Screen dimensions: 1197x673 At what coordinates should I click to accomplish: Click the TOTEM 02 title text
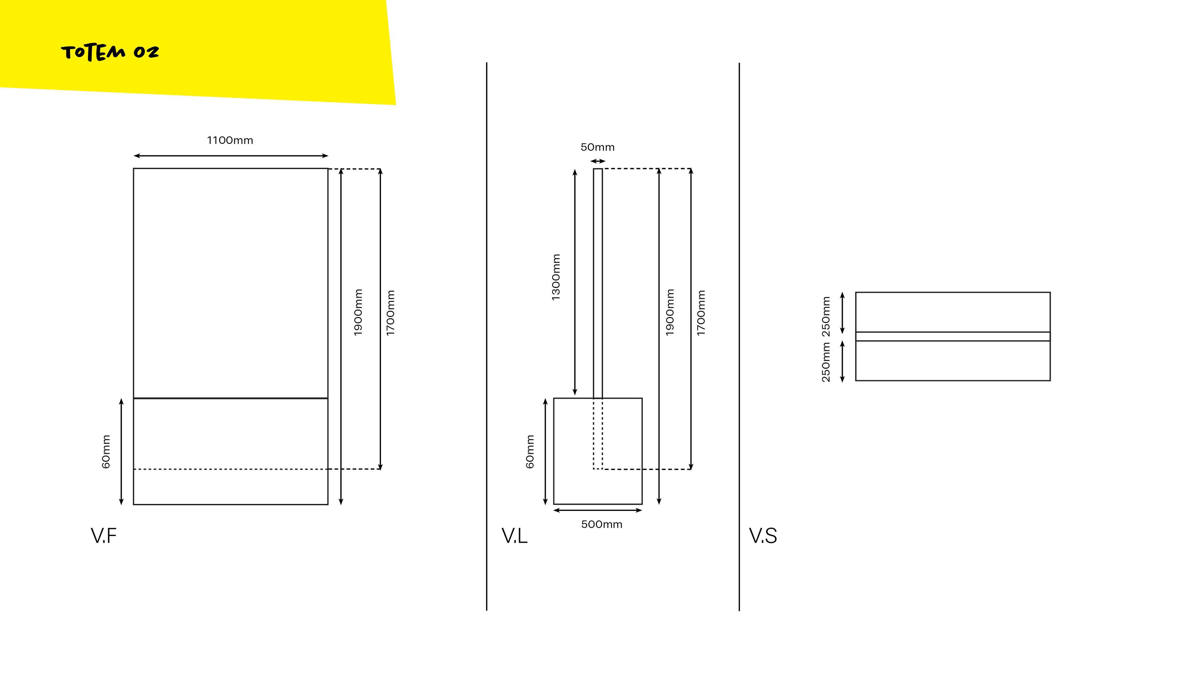tap(110, 52)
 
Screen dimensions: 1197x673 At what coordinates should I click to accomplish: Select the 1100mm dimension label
tap(230, 140)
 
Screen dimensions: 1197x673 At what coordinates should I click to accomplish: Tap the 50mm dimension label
tap(598, 147)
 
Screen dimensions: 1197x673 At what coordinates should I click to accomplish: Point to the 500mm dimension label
tap(602, 524)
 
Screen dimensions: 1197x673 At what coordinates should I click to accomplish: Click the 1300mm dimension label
tap(556, 277)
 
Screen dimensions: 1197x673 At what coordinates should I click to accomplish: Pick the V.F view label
tap(103, 536)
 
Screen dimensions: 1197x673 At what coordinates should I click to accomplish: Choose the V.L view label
tap(514, 536)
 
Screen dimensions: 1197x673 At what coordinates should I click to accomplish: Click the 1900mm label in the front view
tap(358, 312)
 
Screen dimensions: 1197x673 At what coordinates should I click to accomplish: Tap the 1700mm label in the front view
tap(390, 313)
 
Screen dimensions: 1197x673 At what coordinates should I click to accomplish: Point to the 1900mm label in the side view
tap(670, 312)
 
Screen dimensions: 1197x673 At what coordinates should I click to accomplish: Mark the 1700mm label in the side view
tap(701, 313)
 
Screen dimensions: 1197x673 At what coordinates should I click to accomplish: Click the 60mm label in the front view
tap(106, 451)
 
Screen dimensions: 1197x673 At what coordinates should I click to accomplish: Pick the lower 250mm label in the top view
tap(826, 362)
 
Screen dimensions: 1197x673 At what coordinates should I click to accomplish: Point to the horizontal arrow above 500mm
tap(598, 510)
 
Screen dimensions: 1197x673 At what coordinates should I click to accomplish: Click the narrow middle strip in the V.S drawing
tap(953, 336)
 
